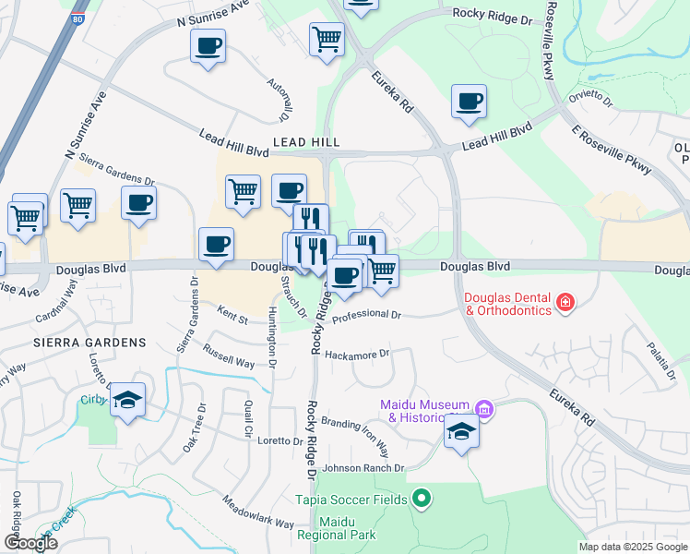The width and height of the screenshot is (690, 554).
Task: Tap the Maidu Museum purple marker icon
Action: click(484, 409)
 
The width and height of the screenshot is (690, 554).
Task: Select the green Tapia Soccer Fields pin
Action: click(422, 500)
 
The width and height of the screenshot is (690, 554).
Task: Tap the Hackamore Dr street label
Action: click(358, 354)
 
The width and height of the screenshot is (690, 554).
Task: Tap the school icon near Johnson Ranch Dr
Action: click(462, 431)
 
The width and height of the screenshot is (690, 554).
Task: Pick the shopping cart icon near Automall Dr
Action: click(327, 39)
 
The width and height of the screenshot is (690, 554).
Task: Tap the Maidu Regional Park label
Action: click(336, 527)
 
